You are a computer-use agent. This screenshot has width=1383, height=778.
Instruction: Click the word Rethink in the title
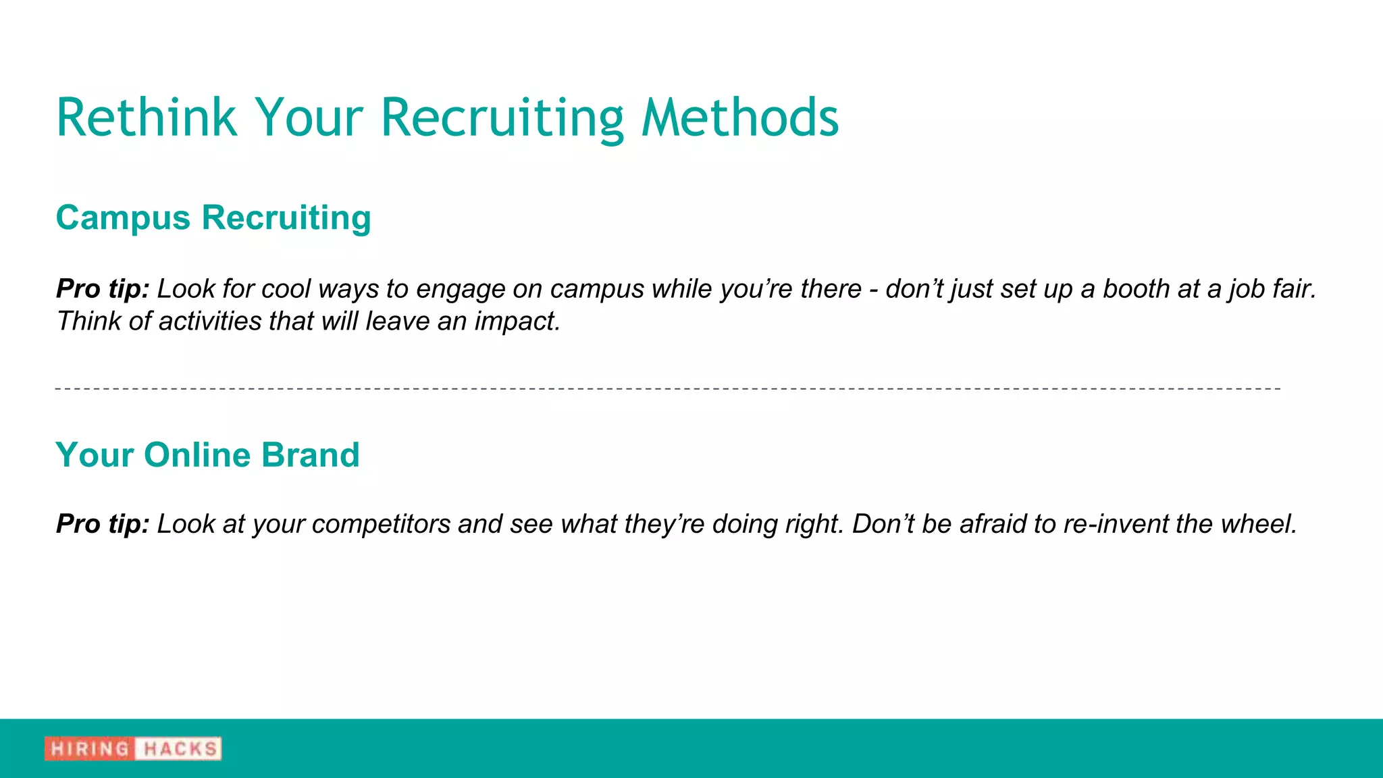[x=146, y=118]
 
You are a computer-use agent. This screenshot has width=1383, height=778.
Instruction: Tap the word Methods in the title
[x=739, y=118]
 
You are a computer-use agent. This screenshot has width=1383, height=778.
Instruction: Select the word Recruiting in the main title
[x=502, y=119]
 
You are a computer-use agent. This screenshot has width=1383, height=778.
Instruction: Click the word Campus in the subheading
[x=123, y=218]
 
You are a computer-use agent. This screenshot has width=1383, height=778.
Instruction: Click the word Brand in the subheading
[x=310, y=455]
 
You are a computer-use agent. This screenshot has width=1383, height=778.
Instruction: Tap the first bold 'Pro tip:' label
[x=103, y=289]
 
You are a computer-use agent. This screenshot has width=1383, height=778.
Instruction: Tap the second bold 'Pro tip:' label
[x=103, y=524]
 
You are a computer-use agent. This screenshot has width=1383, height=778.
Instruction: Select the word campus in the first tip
[x=597, y=289]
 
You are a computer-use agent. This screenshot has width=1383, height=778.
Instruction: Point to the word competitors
[x=381, y=524]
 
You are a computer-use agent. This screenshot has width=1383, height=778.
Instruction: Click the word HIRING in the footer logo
[x=90, y=749]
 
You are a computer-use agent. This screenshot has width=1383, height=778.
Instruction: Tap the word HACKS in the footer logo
[x=180, y=749]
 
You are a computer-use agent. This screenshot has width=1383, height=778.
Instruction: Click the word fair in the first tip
[x=1294, y=289]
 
